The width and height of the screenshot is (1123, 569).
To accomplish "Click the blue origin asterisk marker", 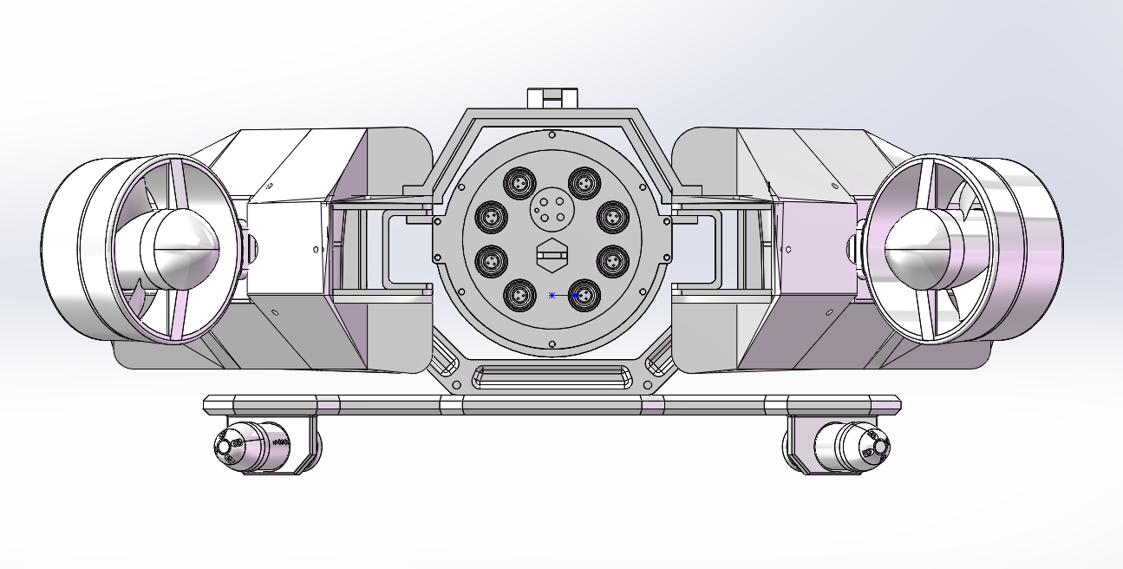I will (x=552, y=296).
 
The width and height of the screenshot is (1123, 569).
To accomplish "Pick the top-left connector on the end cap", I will (x=521, y=183).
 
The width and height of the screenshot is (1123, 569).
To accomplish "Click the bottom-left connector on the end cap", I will (x=521, y=296).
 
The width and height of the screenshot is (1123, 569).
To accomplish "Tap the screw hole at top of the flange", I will (x=552, y=134).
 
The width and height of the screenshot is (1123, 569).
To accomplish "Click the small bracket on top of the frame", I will (x=552, y=96).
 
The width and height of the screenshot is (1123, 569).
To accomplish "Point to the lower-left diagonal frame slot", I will (x=447, y=357).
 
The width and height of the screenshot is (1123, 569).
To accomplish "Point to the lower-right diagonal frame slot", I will (x=657, y=357).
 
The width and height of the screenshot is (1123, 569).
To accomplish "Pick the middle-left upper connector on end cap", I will (x=491, y=214).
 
